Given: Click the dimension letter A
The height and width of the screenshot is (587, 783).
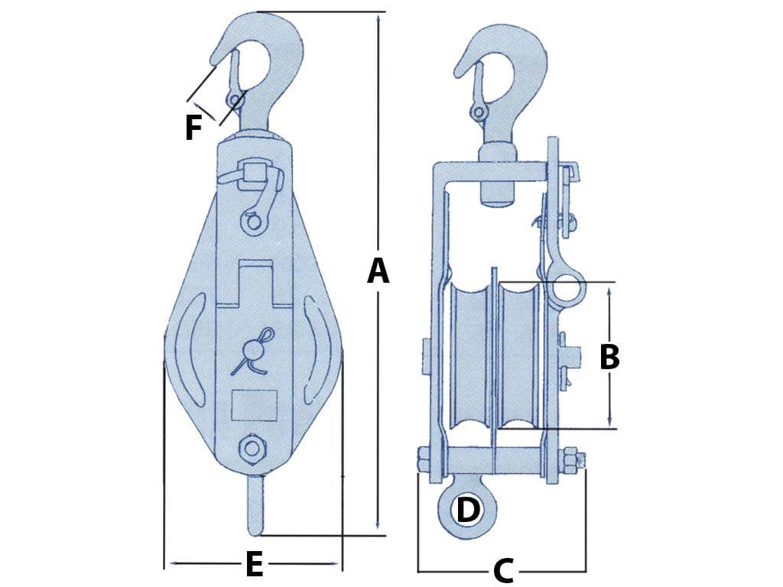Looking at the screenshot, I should tap(378, 271).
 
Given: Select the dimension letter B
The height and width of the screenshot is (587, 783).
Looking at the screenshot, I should tap(609, 357).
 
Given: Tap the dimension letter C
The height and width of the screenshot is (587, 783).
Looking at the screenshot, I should tap(502, 570).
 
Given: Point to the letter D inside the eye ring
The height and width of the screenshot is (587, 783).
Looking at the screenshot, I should tap(467, 511).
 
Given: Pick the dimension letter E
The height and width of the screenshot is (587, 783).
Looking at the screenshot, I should tap(254, 565).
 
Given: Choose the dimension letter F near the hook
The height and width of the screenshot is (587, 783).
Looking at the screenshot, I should tap(193, 128).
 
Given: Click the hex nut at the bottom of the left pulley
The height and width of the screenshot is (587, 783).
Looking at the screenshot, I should tap(250, 449).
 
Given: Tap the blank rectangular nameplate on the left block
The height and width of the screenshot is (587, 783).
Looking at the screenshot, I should tap(253, 405).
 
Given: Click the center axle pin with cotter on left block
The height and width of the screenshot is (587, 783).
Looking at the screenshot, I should tap(253, 351).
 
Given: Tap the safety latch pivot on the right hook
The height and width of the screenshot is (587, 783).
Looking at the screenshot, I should tap(479, 112).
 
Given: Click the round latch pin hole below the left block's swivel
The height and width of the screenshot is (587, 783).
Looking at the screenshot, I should tap(252, 222).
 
